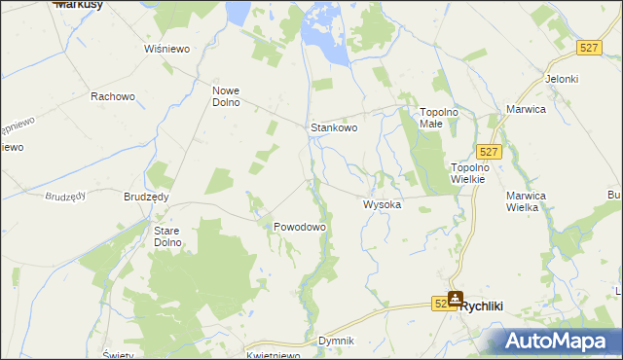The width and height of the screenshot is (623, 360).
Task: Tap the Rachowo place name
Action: pyautogui.click(x=111, y=96)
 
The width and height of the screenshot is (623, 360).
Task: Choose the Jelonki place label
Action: pyautogui.click(x=563, y=79)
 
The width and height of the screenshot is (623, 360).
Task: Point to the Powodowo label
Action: pyautogui.click(x=299, y=226)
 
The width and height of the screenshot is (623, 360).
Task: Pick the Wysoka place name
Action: pyautogui.click(x=382, y=205)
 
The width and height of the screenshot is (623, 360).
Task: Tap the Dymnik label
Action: pyautogui.click(x=336, y=342)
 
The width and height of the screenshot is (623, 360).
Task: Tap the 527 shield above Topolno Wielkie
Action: pyautogui.click(x=490, y=151)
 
